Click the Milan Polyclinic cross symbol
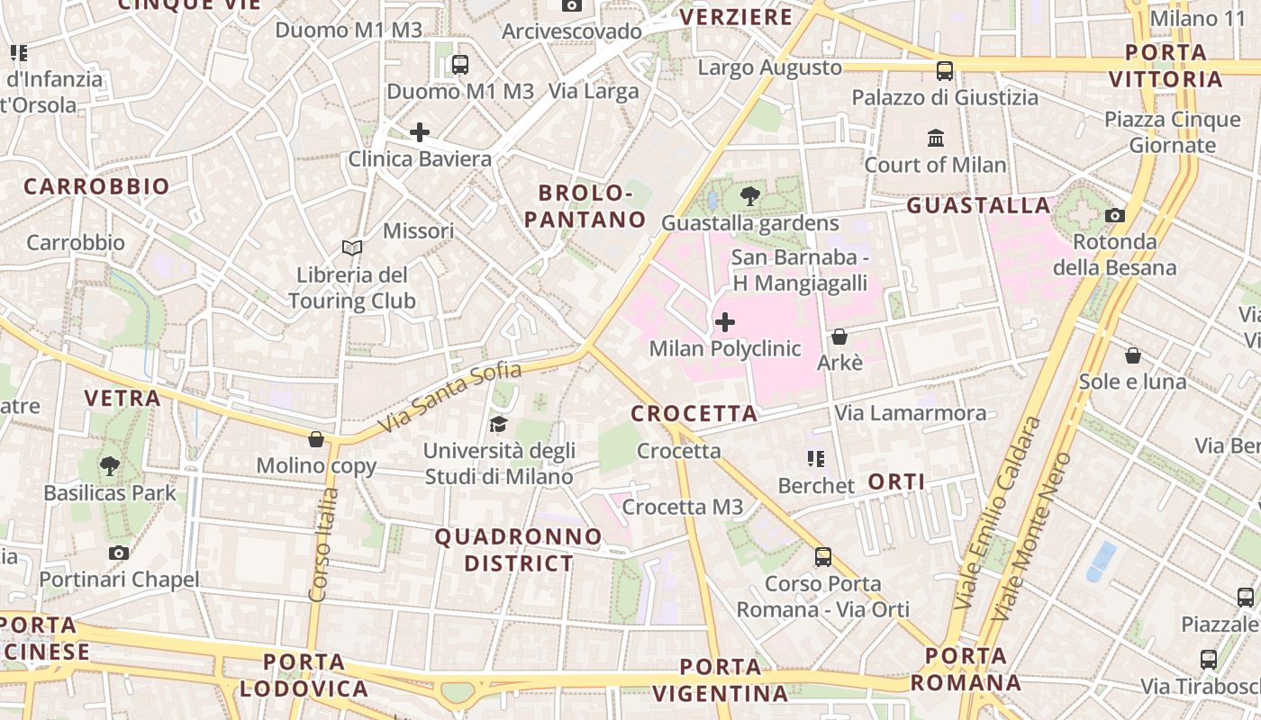(724, 322)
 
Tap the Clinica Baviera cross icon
(419, 133)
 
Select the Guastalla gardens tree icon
(749, 196)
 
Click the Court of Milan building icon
(936, 139)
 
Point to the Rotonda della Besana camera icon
(1115, 215)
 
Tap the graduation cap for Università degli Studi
(498, 424)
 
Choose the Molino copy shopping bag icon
(316, 439)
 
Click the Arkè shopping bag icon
(839, 337)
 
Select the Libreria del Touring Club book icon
(351, 247)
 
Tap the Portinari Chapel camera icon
(118, 553)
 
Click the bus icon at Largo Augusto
(945, 70)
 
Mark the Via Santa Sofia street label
(450, 396)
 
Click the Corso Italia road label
(322, 544)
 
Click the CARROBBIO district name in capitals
(96, 186)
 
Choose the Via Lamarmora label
(910, 413)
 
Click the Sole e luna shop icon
(1133, 355)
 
